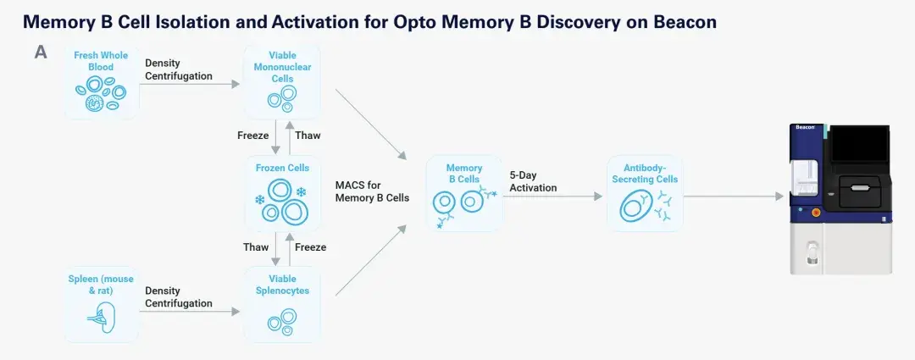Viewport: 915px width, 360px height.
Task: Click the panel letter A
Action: pyautogui.click(x=41, y=53)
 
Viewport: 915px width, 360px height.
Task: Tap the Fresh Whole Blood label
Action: pyautogui.click(x=101, y=61)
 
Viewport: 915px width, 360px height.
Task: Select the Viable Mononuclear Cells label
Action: pyautogui.click(x=282, y=67)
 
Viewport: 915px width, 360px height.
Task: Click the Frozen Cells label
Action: pyautogui.click(x=282, y=168)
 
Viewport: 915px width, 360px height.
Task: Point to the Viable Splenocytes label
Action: pyautogui.click(x=282, y=285)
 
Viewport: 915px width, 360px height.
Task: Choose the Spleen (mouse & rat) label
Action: pyautogui.click(x=101, y=285)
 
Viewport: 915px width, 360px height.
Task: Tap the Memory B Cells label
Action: pyautogui.click(x=464, y=174)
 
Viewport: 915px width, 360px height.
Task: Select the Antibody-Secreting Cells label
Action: pyautogui.click(x=645, y=174)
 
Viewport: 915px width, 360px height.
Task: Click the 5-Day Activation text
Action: pyautogui.click(x=534, y=181)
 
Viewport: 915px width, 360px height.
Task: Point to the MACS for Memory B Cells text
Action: pyautogui.click(x=372, y=191)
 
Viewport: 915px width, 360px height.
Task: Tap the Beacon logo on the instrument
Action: pyautogui.click(x=806, y=126)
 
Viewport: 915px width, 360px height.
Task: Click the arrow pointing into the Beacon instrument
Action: pyautogui.click(x=734, y=197)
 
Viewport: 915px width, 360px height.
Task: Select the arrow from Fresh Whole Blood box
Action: pyautogui.click(x=190, y=84)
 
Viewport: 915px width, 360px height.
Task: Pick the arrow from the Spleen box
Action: pyautogui.click(x=190, y=312)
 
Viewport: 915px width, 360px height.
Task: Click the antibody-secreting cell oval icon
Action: pyautogui.click(x=635, y=208)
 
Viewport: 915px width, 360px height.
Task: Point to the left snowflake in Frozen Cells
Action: pyautogui.click(x=260, y=200)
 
